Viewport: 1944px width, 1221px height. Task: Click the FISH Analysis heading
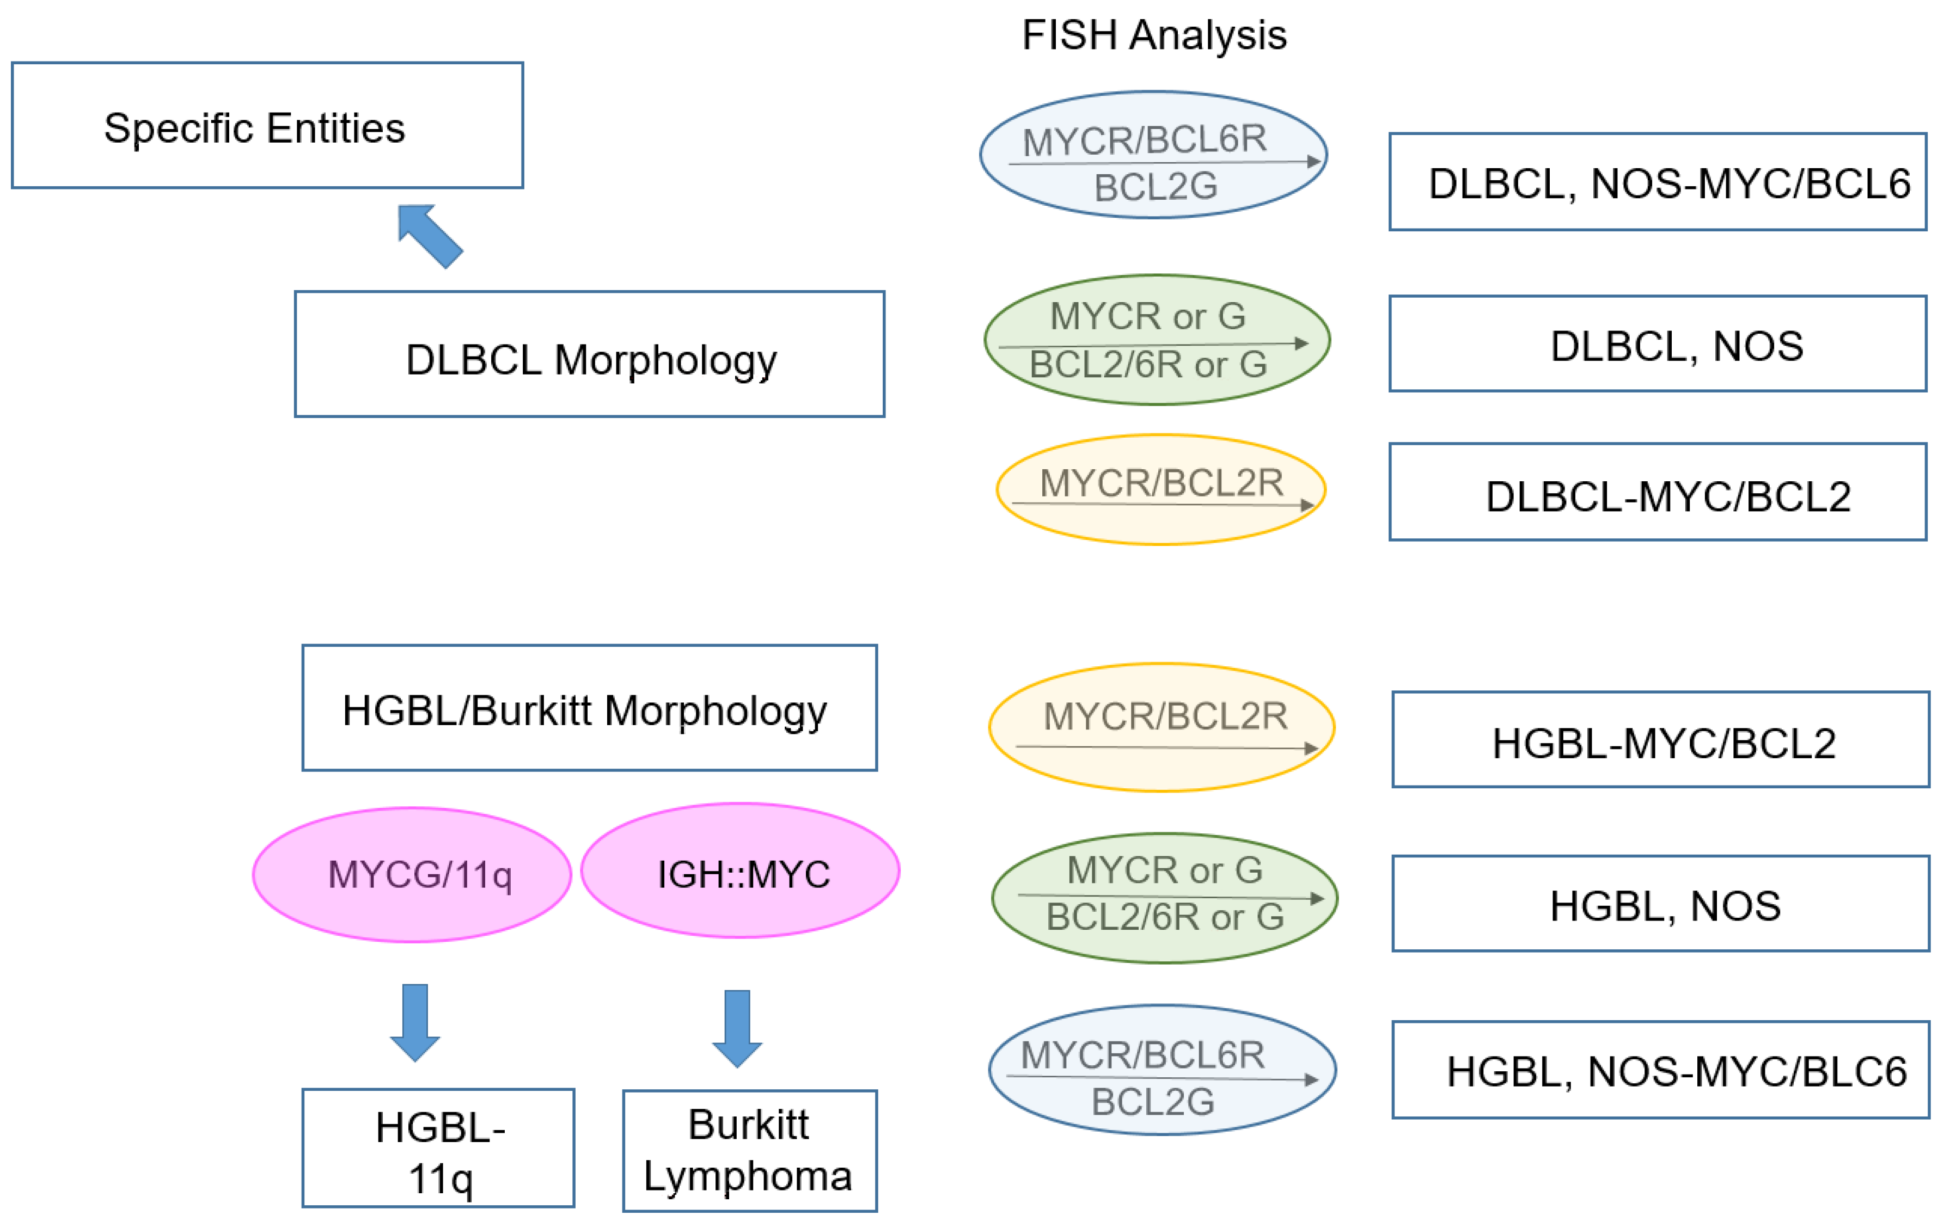(1154, 35)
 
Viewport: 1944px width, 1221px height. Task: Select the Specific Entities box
(267, 126)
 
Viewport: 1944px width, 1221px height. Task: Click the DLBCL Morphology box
(589, 355)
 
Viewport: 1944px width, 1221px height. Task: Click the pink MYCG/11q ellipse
(413, 875)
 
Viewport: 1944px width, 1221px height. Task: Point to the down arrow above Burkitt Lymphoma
(737, 1027)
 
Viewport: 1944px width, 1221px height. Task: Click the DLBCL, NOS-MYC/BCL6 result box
(1658, 182)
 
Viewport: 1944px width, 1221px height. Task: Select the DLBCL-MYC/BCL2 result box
(1658, 492)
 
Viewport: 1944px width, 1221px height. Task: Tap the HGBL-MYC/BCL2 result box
(1661, 740)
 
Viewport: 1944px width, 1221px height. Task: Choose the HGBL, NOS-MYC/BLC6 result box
(1661, 1070)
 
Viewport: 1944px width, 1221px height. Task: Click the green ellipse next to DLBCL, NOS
(1157, 340)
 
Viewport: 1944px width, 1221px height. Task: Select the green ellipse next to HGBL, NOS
(1164, 898)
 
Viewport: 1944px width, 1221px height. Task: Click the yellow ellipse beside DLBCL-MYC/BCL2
(1161, 490)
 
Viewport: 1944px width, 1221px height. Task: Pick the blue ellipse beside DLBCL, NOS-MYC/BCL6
(1154, 155)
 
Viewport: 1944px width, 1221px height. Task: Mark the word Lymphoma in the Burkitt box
(748, 1176)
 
